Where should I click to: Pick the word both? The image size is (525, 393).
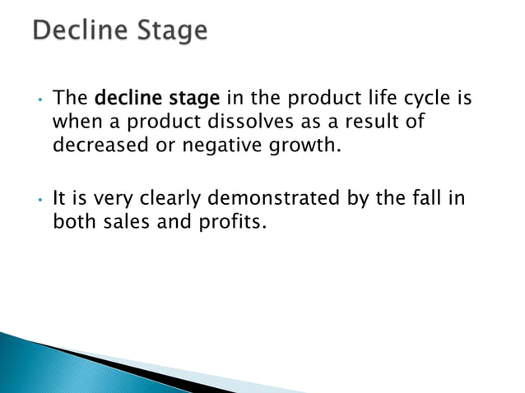coord(71,222)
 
